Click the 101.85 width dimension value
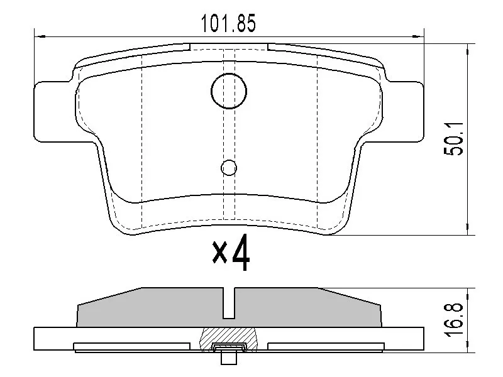point(228,23)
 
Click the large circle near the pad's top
point(229,90)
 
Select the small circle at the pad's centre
point(229,167)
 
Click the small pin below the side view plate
point(229,359)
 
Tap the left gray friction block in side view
point(151,308)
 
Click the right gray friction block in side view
point(308,308)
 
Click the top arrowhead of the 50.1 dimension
point(467,48)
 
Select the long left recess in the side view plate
point(131,346)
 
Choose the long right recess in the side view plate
point(326,346)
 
